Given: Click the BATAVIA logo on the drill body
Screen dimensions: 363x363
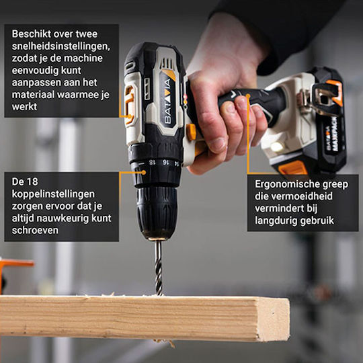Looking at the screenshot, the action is pos(168,102).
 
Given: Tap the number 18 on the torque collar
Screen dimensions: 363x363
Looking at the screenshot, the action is pos(152,162).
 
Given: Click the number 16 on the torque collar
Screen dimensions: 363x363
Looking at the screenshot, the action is pos(165,162).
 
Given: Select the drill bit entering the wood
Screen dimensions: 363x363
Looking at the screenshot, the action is pos(159,268).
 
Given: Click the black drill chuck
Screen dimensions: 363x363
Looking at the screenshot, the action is pos(157,212).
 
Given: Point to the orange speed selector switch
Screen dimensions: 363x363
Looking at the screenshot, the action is pos(129,104).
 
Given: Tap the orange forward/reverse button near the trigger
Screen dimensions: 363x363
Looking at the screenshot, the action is pos(192,132).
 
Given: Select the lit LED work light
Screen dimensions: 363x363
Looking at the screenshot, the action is pos(277,147).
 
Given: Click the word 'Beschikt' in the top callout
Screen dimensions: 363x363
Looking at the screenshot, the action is pos(32,34).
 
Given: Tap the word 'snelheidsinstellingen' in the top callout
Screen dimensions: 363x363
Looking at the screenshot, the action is pos(61,46).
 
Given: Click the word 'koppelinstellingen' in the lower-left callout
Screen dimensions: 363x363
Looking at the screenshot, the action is pos(53,194).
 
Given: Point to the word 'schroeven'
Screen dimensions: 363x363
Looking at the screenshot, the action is pos(35,230).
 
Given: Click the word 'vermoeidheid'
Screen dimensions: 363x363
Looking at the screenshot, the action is pos(302,196).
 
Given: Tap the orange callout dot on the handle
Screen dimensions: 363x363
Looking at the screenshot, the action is pos(248,95).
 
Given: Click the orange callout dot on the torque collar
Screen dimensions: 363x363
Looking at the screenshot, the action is pos(144,173).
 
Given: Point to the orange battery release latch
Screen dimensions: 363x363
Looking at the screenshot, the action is pos(293,167).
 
